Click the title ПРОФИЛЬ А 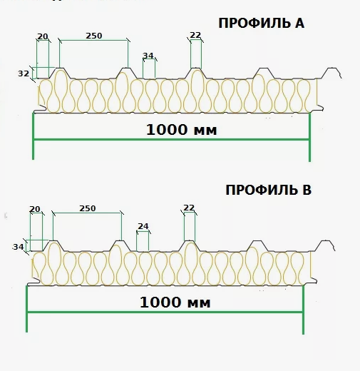(x=261, y=24)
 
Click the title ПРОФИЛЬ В (x=268, y=190)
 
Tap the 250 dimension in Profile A (x=94, y=36)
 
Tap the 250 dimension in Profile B (x=88, y=208)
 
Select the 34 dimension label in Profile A (x=148, y=56)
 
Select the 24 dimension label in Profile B (x=143, y=226)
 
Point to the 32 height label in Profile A (x=24, y=73)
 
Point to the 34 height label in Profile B (x=19, y=247)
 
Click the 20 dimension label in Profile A (x=43, y=36)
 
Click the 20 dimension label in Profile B (x=35, y=209)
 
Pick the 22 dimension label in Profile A (x=195, y=35)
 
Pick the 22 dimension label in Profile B (x=189, y=208)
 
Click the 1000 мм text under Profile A (x=182, y=130)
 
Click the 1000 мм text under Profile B (x=175, y=303)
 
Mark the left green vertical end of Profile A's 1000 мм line (x=33, y=136)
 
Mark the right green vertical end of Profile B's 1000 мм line (x=303, y=310)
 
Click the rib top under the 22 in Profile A (x=196, y=68)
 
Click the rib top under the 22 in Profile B (x=190, y=241)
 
